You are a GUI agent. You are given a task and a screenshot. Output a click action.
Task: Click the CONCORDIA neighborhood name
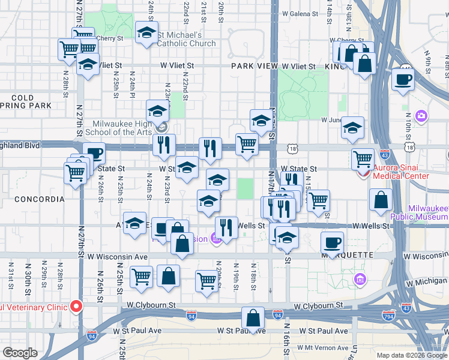38,199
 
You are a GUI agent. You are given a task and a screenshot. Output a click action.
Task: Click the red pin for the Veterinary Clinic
76,306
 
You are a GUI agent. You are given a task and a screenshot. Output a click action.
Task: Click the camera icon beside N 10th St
421,115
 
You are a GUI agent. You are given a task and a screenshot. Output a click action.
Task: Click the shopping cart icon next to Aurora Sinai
363,159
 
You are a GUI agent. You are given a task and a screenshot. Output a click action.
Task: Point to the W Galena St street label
301,13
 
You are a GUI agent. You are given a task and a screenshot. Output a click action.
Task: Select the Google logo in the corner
20,353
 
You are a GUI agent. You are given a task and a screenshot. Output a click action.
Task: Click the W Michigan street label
426,281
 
